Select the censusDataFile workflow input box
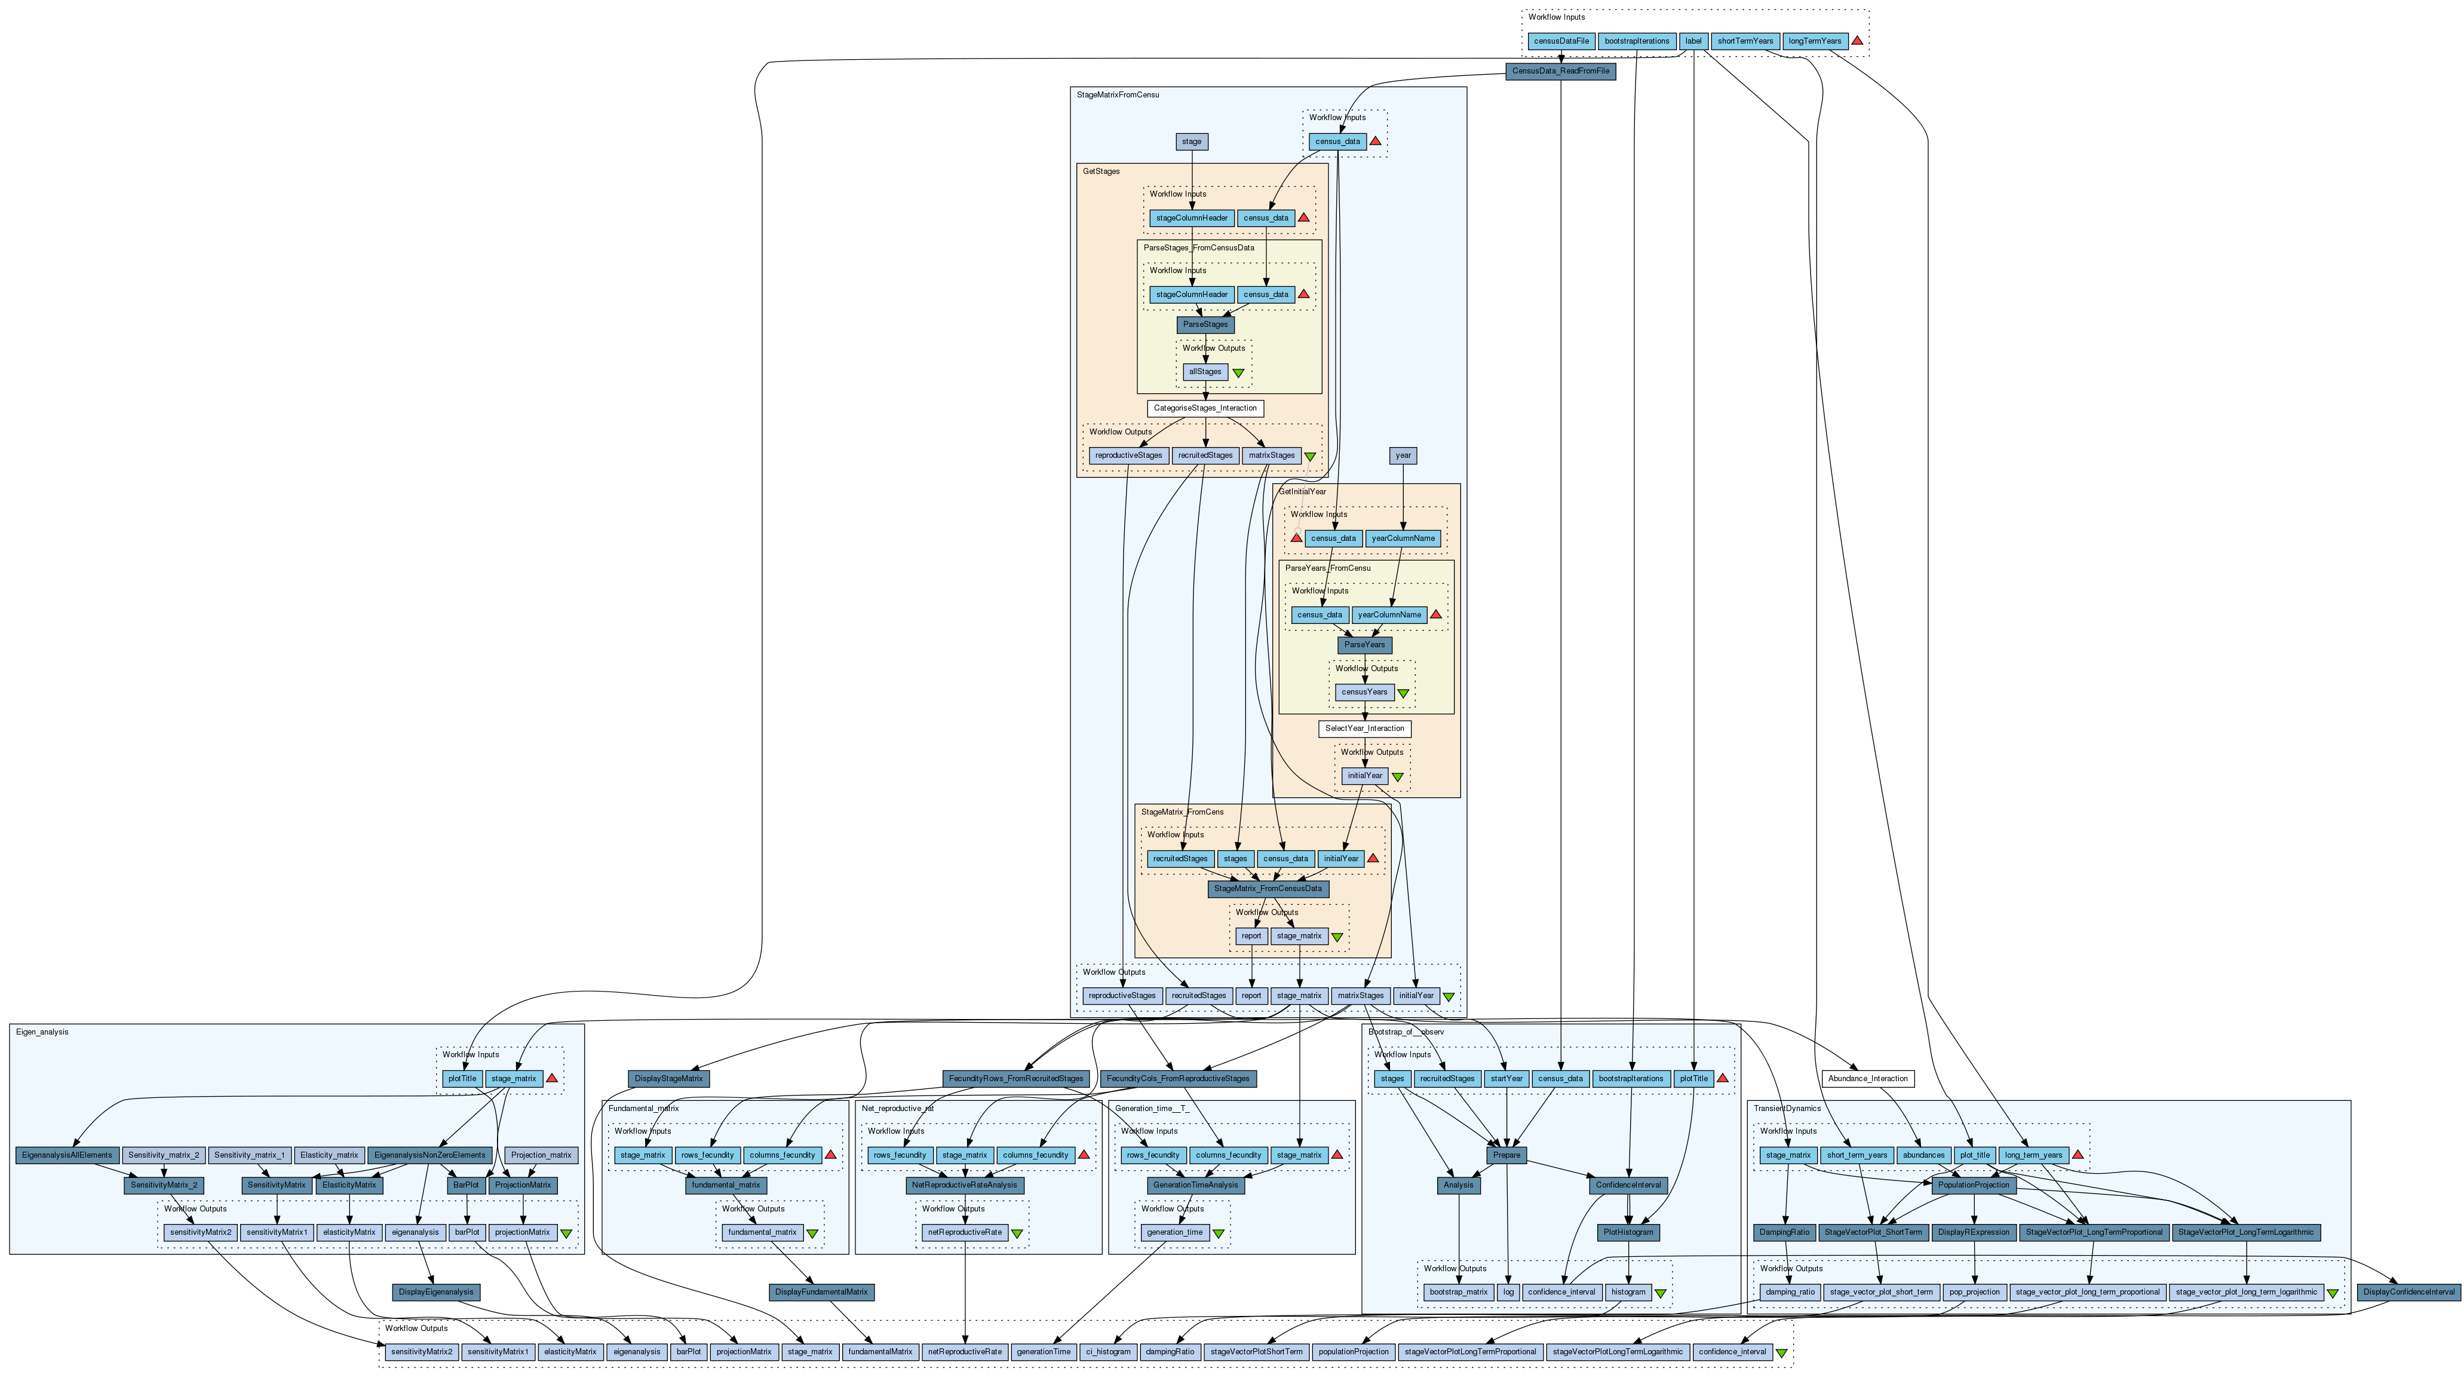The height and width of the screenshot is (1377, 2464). click(1561, 41)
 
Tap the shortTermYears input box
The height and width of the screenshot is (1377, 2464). click(1745, 41)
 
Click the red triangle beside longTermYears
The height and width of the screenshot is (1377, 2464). click(1857, 41)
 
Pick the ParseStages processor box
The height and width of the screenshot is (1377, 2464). click(1205, 325)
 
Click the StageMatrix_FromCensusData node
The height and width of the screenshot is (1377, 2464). click(1268, 889)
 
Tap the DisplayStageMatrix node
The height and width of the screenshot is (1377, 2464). click(668, 1078)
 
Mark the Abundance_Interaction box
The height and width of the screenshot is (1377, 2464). click(1867, 1078)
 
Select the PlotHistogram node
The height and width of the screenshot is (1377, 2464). click(1628, 1232)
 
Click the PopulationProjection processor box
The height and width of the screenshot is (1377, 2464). click(1974, 1185)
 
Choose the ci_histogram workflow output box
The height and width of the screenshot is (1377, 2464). click(1107, 1352)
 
